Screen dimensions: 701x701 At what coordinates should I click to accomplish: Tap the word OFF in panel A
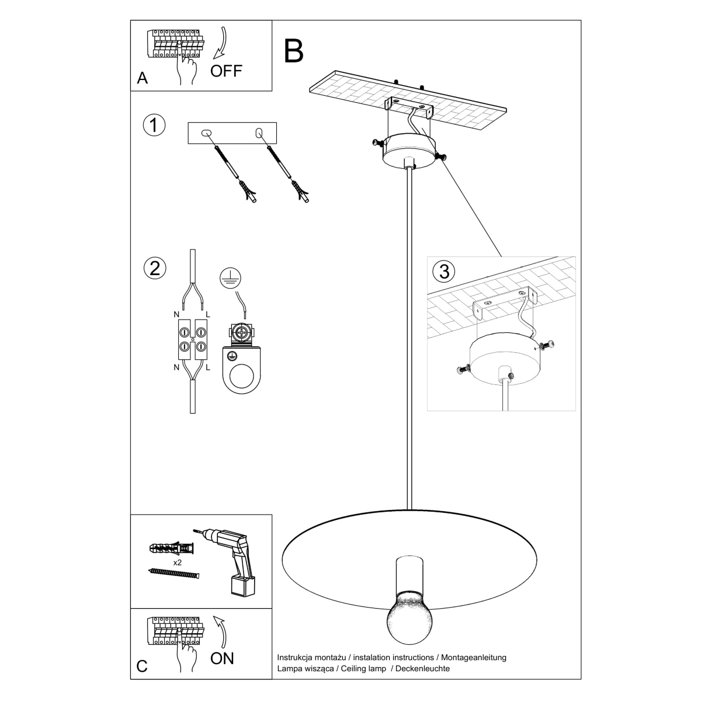coord(226,71)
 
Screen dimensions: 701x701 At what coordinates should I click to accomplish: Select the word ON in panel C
coord(222,658)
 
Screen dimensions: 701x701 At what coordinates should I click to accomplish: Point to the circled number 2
coord(154,268)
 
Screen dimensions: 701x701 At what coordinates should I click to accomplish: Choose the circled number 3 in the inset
coord(444,271)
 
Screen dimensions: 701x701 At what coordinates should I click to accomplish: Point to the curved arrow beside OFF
coord(221,43)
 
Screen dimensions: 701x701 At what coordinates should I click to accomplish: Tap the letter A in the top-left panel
coord(142,78)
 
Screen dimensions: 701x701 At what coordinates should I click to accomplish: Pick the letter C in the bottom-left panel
coord(142,667)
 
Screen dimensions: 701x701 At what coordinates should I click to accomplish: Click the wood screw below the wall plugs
coord(174,574)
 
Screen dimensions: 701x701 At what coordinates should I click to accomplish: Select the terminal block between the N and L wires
coord(192,340)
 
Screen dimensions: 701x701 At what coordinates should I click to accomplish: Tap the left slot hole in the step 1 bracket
coord(205,134)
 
